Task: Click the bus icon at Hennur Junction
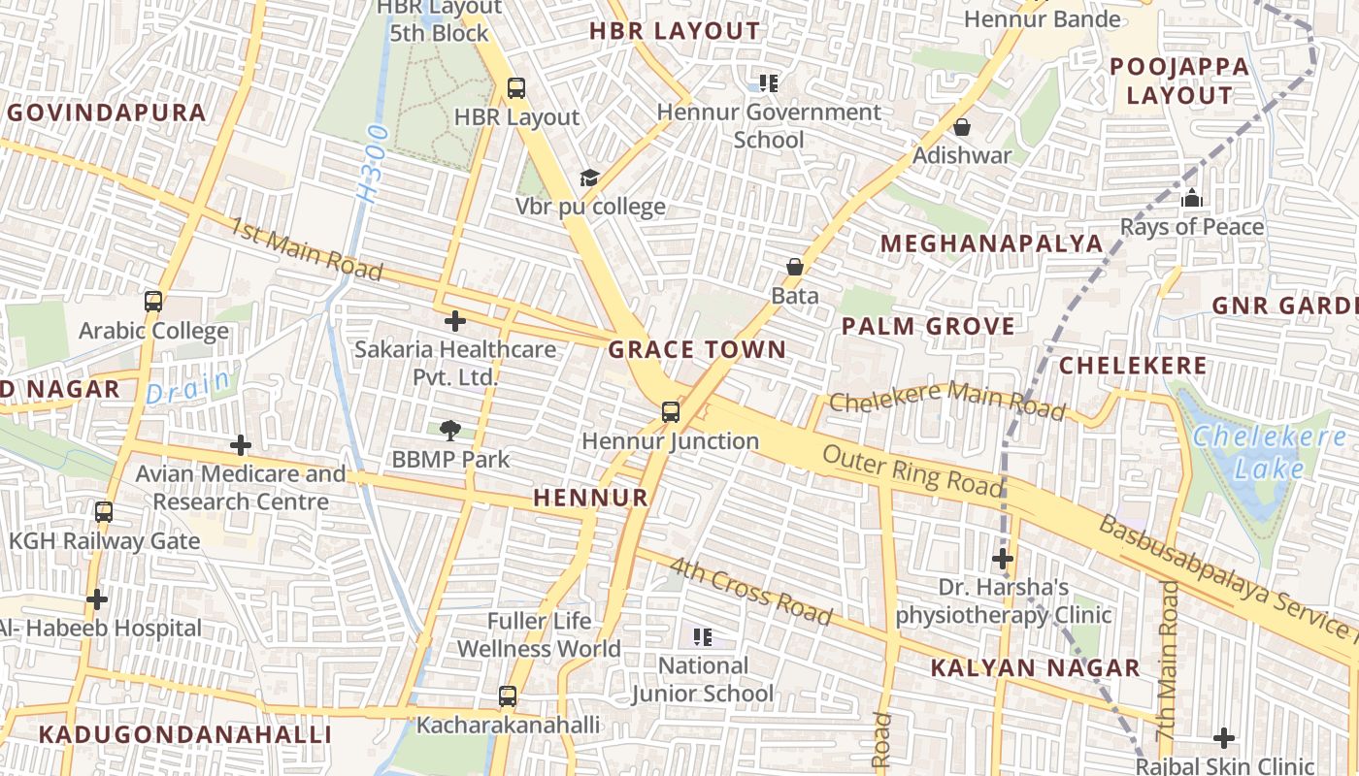(x=670, y=411)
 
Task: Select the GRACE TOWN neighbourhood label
(x=697, y=349)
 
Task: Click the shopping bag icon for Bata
(x=795, y=267)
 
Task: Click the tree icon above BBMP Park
(x=449, y=430)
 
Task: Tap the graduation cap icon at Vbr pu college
(x=589, y=178)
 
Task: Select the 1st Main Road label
(x=306, y=248)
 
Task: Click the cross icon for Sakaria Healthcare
(x=454, y=321)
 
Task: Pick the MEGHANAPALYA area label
(x=991, y=243)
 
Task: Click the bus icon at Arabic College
(x=153, y=302)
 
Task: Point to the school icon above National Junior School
(x=703, y=637)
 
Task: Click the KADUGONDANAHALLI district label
(x=184, y=734)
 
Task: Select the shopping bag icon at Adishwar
(x=962, y=127)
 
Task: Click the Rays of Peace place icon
(x=1191, y=199)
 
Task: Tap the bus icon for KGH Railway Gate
(x=104, y=511)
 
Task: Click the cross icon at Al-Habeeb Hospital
(x=97, y=599)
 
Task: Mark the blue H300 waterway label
(x=372, y=164)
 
